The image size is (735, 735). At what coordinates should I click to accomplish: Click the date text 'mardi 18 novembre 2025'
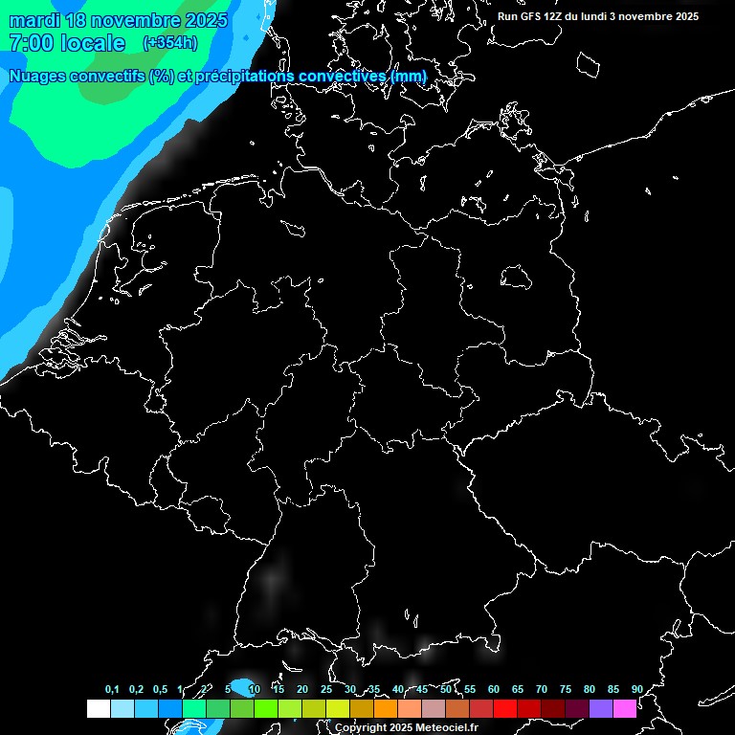(118, 20)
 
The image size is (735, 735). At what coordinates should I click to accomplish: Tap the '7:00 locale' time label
(67, 43)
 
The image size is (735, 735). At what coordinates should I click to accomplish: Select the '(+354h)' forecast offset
(170, 42)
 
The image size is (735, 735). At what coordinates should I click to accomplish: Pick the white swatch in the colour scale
(98, 708)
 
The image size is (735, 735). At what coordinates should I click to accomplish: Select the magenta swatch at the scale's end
(625, 708)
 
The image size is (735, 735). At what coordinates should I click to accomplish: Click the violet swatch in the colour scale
(601, 708)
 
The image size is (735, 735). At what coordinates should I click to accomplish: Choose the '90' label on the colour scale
(636, 689)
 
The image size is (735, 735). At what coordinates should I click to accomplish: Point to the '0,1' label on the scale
(112, 689)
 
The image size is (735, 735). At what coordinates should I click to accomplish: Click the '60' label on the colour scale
(494, 689)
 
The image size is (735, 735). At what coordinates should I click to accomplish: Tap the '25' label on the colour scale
(326, 689)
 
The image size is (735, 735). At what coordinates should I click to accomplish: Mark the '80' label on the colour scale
(589, 689)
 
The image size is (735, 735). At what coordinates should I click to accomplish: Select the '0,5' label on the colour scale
(160, 689)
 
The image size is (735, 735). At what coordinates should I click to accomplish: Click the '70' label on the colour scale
(542, 689)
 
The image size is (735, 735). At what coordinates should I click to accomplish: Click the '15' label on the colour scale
(278, 689)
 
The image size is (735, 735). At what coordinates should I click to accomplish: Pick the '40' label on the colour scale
(398, 689)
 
